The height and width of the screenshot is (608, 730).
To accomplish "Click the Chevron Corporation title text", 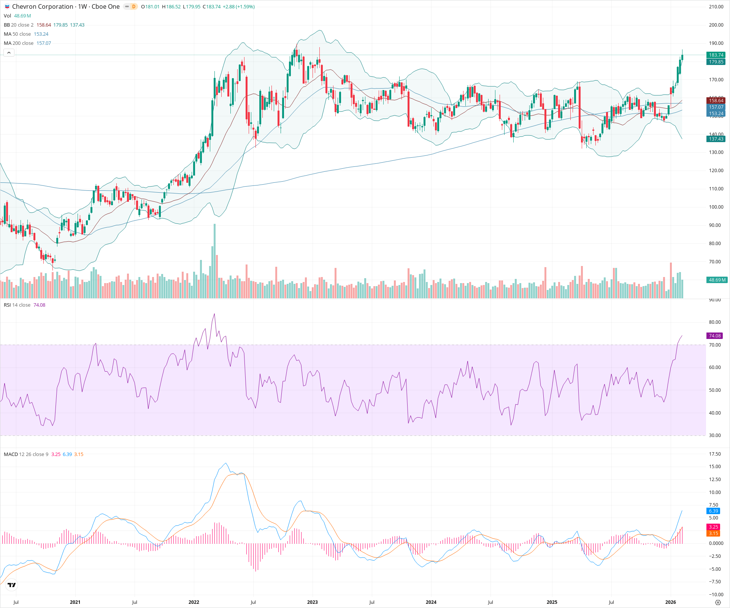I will [43, 6].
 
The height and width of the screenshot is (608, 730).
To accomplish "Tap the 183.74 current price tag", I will [716, 55].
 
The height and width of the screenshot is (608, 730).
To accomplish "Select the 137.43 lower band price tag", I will [716, 139].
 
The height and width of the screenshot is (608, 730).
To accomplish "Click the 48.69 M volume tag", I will [717, 280].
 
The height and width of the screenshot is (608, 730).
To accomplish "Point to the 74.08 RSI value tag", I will [714, 336].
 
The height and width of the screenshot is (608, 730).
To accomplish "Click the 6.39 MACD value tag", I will [713, 511].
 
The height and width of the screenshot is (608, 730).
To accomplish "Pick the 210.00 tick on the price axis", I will [716, 7].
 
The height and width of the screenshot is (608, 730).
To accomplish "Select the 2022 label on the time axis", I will [194, 602].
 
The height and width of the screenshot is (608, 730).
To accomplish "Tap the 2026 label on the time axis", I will [670, 602].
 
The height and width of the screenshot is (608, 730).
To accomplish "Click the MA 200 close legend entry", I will [19, 43].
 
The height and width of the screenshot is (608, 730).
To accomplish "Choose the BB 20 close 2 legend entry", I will [19, 25].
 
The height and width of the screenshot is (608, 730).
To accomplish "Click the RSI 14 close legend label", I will [17, 305].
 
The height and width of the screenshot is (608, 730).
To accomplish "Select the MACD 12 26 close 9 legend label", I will [26, 454].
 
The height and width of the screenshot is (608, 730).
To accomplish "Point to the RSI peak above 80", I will [214, 314].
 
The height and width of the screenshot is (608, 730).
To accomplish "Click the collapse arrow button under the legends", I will [9, 53].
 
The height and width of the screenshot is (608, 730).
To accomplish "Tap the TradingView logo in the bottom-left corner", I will [12, 585].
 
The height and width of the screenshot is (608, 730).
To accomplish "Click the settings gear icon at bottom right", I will [718, 602].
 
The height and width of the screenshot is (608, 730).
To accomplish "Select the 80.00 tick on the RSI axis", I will [715, 322].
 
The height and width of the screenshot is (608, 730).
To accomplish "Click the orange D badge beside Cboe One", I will [133, 6].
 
